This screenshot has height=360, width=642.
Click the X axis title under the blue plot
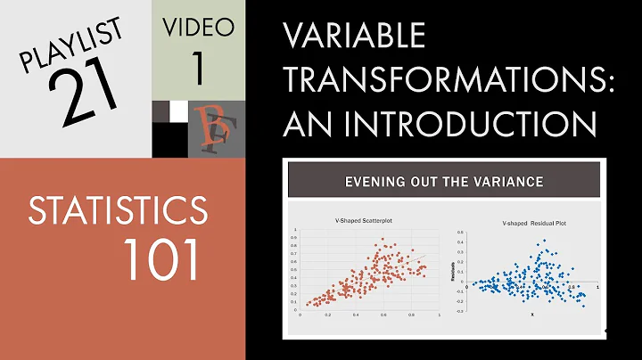point(531,314)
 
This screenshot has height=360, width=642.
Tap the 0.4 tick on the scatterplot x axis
point(356,315)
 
